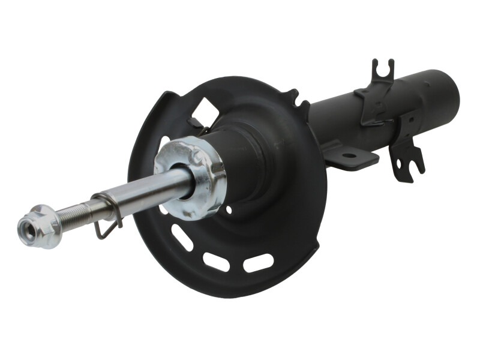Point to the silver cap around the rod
191,176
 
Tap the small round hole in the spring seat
228,210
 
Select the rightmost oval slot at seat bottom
259,263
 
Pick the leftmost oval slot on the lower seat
182,238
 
